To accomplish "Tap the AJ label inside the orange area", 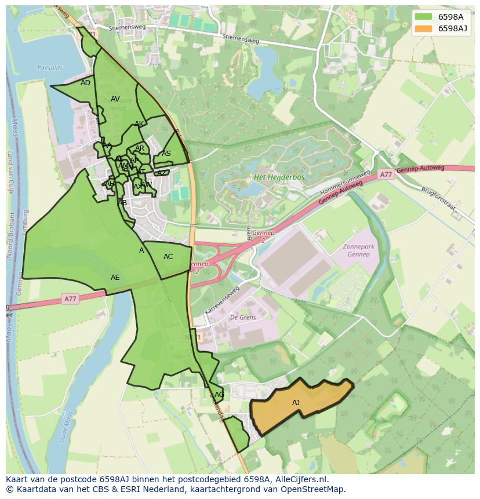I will pyautogui.click(x=296, y=403).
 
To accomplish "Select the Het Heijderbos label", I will pyautogui.click(x=279, y=177).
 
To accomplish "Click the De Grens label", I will pyautogui.click(x=243, y=318).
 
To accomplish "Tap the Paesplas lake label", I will pyautogui.click(x=49, y=68).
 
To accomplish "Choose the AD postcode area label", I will pyautogui.click(x=85, y=83).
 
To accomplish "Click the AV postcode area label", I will pyautogui.click(x=115, y=99).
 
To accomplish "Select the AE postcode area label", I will pyautogui.click(x=115, y=278).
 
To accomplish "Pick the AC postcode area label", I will pyautogui.click(x=168, y=257).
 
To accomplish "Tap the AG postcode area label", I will pyautogui.click(x=219, y=395).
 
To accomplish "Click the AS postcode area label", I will pyautogui.click(x=166, y=154).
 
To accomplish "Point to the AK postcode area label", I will pyautogui.click(x=139, y=124).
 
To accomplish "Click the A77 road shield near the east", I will pyautogui.click(x=386, y=174).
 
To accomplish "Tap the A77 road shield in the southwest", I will pyautogui.click(x=70, y=299).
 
